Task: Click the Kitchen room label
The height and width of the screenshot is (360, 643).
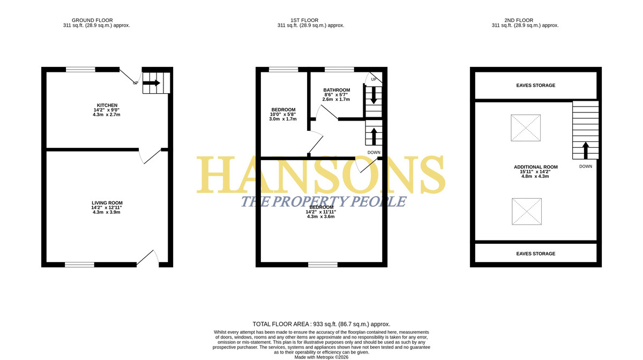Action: pos(107,106)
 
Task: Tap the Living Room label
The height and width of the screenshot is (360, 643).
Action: pos(107,203)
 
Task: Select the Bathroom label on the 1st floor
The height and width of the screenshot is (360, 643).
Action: pos(337,90)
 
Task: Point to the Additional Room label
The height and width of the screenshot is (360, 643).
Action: pos(536,167)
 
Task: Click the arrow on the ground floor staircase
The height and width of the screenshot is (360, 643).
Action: pos(151,83)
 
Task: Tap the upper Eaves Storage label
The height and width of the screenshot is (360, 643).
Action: pos(536,85)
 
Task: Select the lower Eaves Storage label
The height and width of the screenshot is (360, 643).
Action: pos(536,253)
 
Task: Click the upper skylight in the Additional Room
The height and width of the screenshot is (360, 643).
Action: pos(526,127)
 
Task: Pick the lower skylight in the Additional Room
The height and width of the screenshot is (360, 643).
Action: pos(527,211)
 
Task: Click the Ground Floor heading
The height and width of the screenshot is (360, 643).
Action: pos(92,20)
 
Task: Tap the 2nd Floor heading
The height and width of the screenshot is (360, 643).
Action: pos(519,20)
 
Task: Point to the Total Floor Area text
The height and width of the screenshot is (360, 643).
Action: pos(321,324)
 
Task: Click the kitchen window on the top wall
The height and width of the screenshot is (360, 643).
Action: pos(80,70)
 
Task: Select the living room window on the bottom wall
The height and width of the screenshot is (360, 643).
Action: pos(79,265)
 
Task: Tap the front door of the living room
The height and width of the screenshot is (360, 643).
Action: pos(147,258)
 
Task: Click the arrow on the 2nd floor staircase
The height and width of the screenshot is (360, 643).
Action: pos(586,151)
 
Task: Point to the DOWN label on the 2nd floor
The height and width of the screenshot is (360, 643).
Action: pos(586,167)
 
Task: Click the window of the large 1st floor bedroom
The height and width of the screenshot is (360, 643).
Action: pos(323,265)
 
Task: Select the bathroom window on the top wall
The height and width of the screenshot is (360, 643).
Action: pos(339,70)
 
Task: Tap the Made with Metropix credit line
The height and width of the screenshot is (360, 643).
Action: pos(321,357)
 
